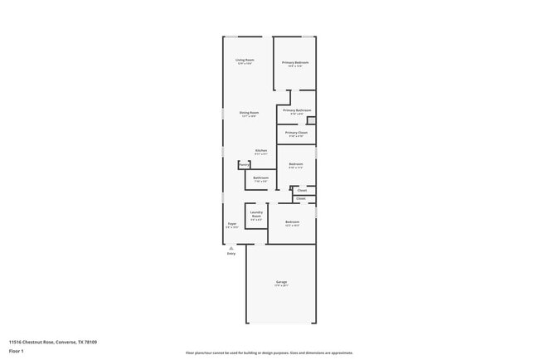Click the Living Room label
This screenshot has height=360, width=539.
245,60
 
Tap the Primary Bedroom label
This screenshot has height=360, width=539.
295,62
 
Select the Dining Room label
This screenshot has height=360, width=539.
249,113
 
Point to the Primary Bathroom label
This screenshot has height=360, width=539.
297,110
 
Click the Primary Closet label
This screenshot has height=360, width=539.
296,132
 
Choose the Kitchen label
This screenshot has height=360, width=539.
260,150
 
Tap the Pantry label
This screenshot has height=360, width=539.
244,164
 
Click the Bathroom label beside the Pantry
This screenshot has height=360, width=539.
260,178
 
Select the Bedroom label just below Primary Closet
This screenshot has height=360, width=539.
296,164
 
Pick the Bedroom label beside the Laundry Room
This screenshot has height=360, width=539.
293,221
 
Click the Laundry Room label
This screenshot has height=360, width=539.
256,215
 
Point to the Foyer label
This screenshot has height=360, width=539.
232,224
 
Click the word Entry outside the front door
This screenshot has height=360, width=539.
231,253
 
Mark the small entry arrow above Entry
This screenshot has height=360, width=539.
231,247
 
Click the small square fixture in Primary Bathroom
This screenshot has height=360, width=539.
310,119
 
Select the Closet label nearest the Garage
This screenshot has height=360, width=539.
301,199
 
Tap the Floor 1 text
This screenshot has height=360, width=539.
17,351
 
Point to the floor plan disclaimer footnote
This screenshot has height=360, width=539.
269,353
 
